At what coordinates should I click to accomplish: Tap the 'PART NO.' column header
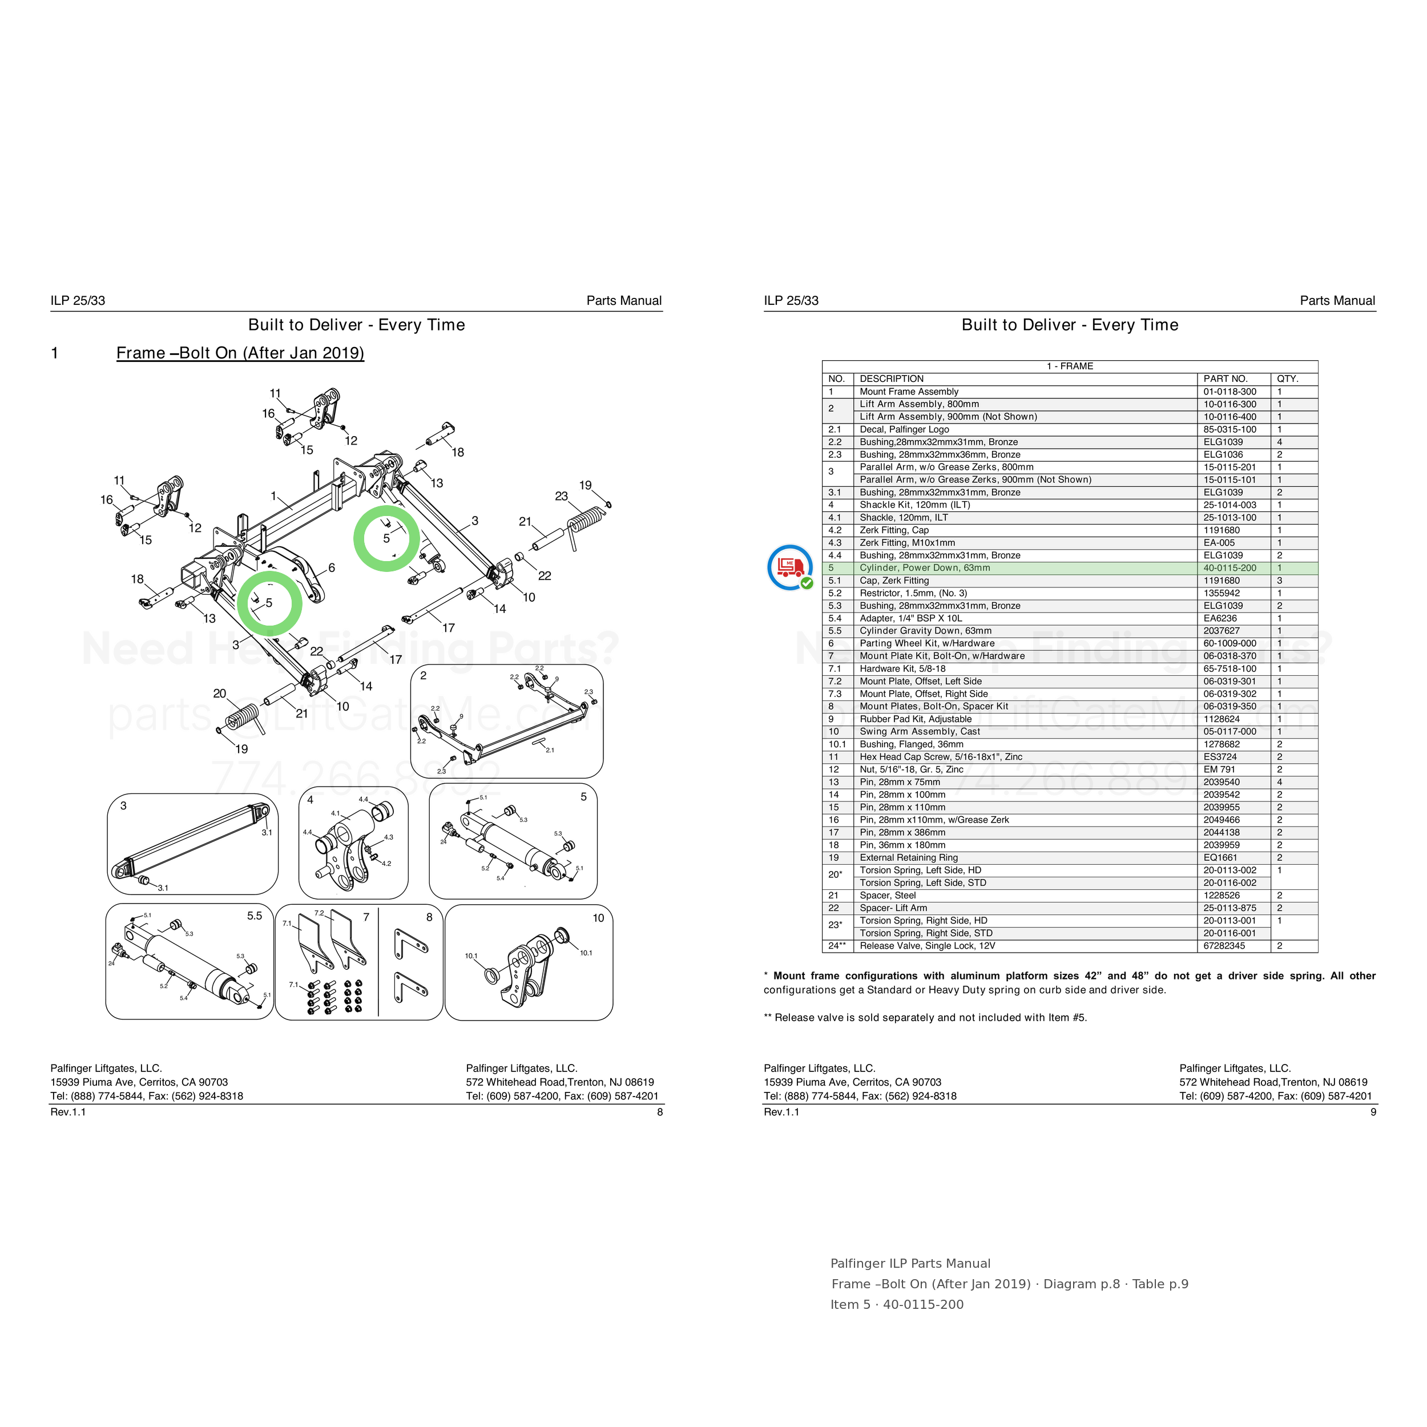pyautogui.click(x=1226, y=379)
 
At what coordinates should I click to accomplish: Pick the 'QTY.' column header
pyautogui.click(x=1287, y=379)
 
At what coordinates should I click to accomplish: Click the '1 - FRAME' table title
pyautogui.click(x=1070, y=366)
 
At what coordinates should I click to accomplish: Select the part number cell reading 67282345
pyautogui.click(x=1224, y=945)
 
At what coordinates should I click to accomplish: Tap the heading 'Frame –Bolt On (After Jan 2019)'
pyautogui.click(x=240, y=353)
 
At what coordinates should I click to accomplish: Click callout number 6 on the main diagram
pyautogui.click(x=332, y=567)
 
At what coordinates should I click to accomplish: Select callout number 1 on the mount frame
pyautogui.click(x=273, y=495)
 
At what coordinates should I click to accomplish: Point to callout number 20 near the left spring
pyautogui.click(x=219, y=694)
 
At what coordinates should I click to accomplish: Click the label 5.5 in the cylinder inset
pyautogui.click(x=254, y=916)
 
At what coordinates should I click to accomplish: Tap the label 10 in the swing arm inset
pyautogui.click(x=598, y=918)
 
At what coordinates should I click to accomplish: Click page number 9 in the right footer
pyautogui.click(x=1373, y=1111)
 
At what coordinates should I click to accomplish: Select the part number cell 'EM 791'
pyautogui.click(x=1219, y=769)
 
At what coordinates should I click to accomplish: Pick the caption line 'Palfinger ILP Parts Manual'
pyautogui.click(x=910, y=1264)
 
